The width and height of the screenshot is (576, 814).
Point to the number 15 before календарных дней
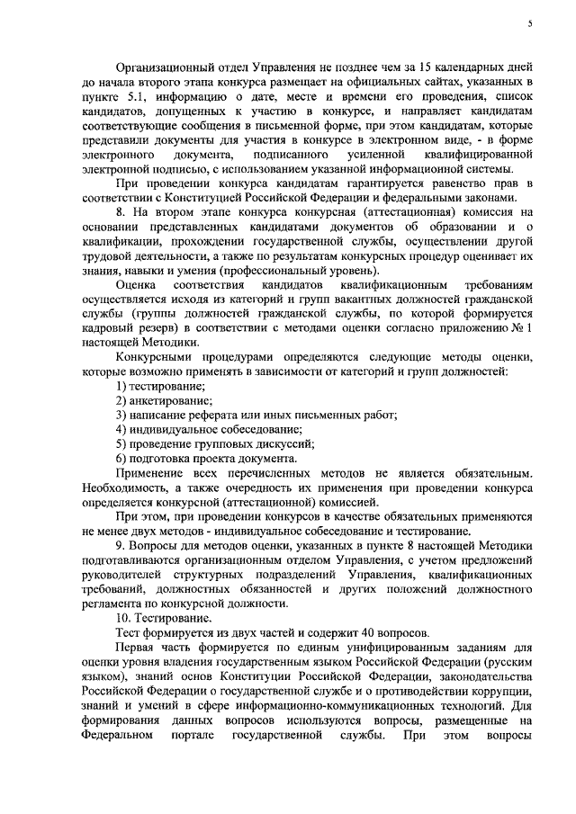(413, 69)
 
